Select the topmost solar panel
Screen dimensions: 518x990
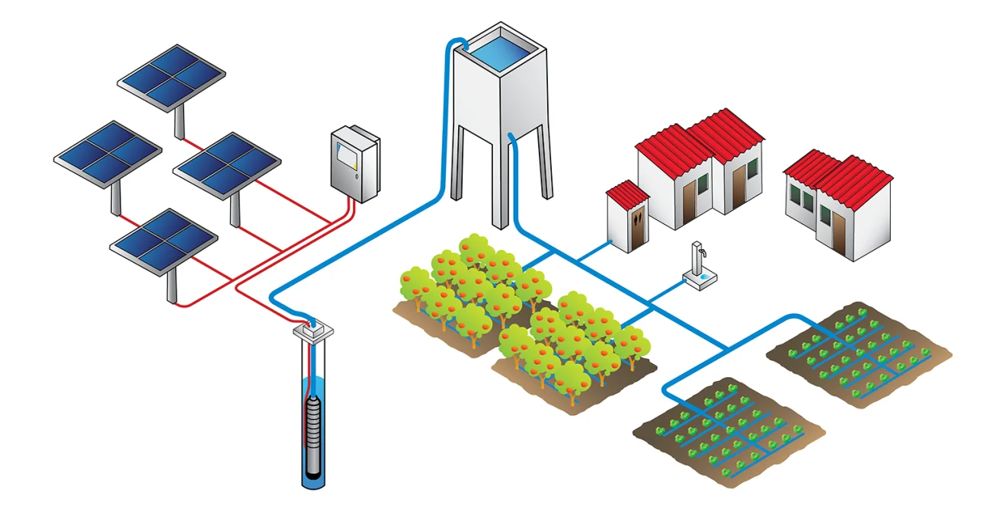(171, 76)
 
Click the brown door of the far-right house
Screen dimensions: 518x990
(838, 232)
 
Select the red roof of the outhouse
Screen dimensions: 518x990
(626, 193)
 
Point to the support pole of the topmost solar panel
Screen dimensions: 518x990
(179, 122)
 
